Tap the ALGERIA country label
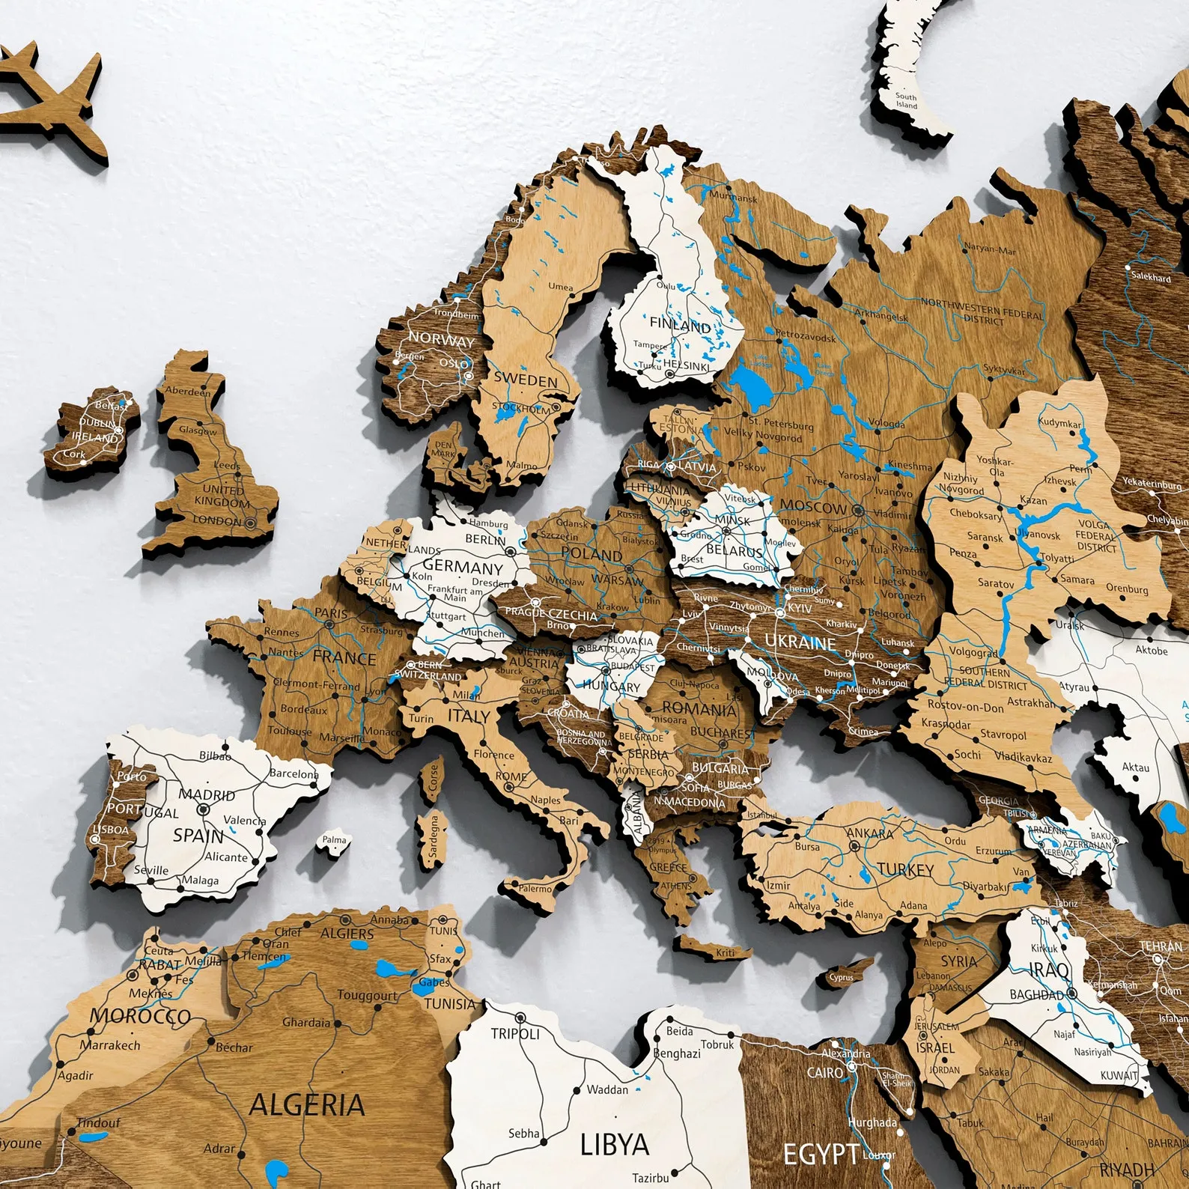(307, 1105)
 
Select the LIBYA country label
(614, 1144)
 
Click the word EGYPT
(821, 1154)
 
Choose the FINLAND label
(680, 325)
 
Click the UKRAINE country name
(800, 642)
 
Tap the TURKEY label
(905, 869)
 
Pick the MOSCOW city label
(813, 507)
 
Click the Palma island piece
(334, 841)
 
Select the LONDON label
(217, 520)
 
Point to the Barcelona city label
(294, 773)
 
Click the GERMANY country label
(462, 566)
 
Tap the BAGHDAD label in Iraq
(1036, 995)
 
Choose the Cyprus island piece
(842, 976)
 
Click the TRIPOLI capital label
(515, 1033)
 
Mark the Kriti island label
(725, 952)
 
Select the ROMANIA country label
(699, 708)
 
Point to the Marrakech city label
(110, 1044)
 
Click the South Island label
(906, 101)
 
